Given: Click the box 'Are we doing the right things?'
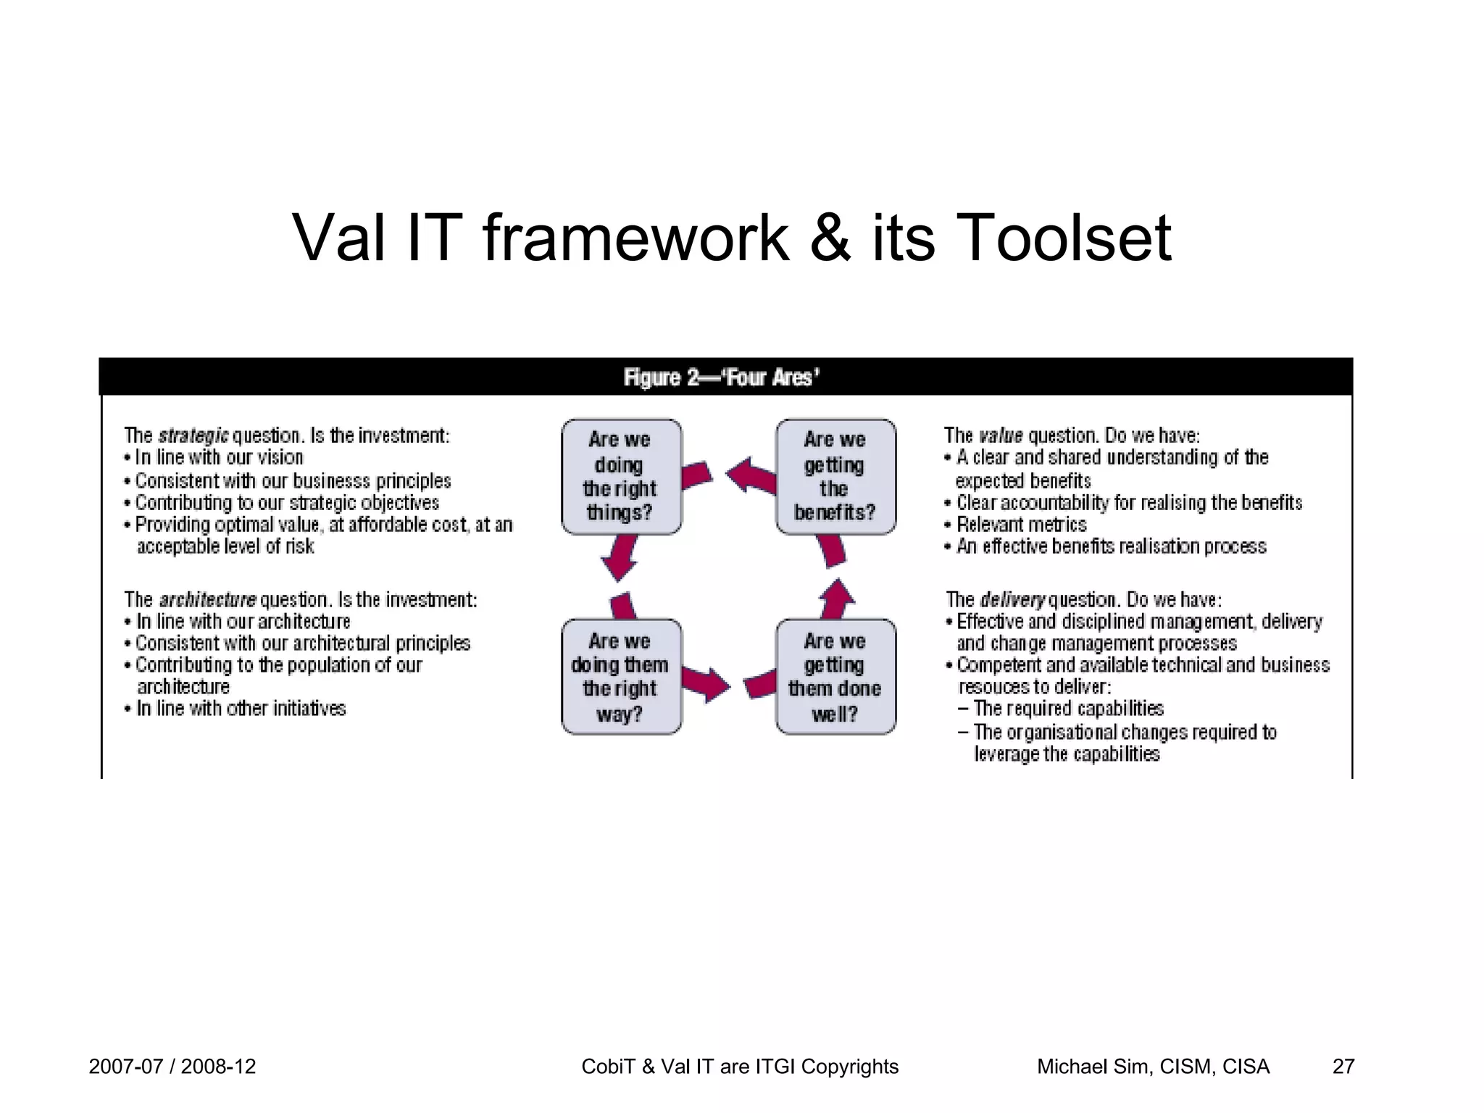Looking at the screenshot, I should click(x=621, y=477).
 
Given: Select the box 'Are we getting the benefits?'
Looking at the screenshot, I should click(x=835, y=477).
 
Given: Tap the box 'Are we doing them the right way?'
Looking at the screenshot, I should click(x=621, y=677).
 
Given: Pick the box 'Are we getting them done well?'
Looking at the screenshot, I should click(x=835, y=677).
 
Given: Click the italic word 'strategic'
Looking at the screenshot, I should click(x=193, y=436).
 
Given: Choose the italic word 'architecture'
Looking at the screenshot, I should click(x=207, y=600).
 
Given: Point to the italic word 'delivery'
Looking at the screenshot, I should click(x=1012, y=600).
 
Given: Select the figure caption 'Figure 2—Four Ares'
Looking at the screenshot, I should click(x=722, y=378).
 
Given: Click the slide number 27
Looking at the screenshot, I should click(x=1343, y=1067).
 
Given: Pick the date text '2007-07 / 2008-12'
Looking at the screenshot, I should click(x=172, y=1067).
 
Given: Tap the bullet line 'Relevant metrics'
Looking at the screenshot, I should click(x=1021, y=525).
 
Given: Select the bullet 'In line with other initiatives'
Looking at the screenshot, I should click(x=241, y=709).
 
